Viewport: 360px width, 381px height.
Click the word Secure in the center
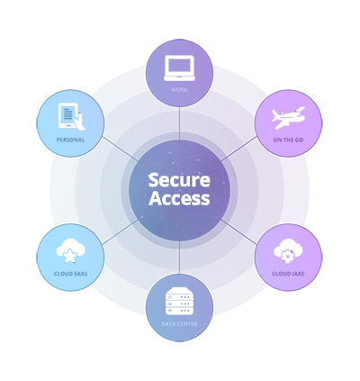(x=179, y=180)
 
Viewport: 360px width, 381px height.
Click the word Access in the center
(x=179, y=198)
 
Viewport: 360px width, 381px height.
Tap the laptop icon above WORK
(x=179, y=68)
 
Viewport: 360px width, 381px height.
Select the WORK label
(x=179, y=89)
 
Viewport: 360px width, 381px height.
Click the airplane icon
(x=288, y=118)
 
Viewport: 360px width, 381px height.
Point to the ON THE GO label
(x=288, y=140)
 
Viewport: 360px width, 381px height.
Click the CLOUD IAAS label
(x=288, y=274)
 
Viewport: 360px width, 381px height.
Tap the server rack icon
(x=179, y=301)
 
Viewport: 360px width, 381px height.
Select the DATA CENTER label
(x=179, y=324)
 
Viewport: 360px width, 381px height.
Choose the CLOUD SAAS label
(x=70, y=274)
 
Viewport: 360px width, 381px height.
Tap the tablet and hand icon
(x=71, y=117)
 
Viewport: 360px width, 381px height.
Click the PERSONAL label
(x=70, y=140)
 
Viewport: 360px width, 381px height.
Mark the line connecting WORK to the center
(x=179, y=123)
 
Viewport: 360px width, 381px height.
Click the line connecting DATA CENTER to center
(x=179, y=258)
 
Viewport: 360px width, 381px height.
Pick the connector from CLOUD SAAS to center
(x=121, y=232)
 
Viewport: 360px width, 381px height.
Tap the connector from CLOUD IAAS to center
(x=238, y=232)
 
